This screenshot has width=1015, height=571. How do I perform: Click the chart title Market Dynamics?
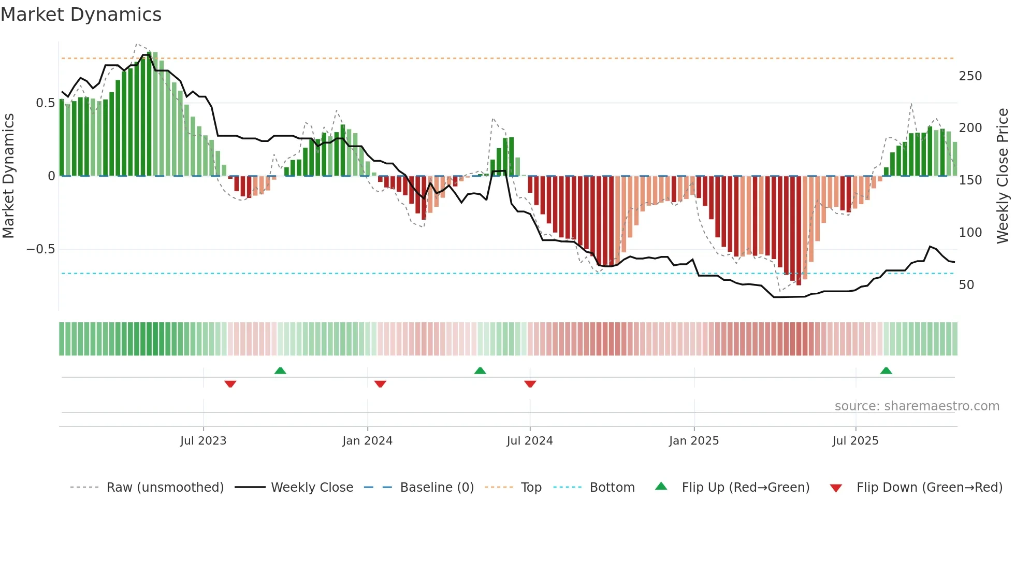tap(81, 15)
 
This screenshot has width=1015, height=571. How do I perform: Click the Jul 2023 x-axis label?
tap(203, 441)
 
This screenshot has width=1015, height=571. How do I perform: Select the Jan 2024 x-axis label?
tap(367, 441)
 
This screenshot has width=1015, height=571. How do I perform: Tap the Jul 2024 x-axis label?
tap(529, 441)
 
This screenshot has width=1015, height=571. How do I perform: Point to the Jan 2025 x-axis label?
tap(693, 441)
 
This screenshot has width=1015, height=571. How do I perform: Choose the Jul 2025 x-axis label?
tap(855, 441)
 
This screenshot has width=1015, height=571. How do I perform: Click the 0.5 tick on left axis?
tap(45, 103)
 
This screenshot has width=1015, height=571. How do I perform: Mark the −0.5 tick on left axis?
tap(40, 249)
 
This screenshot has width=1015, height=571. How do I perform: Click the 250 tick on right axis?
tap(970, 76)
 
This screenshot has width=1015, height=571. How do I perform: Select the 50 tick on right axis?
tap(966, 285)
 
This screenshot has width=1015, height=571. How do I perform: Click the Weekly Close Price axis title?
tap(1003, 176)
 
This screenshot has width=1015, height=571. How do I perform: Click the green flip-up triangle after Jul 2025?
tap(886, 370)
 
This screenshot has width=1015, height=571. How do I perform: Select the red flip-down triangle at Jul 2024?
tap(530, 384)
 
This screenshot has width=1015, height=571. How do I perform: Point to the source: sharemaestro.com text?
tap(917, 406)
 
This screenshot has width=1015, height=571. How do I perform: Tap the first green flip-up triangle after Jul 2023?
tap(280, 370)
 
